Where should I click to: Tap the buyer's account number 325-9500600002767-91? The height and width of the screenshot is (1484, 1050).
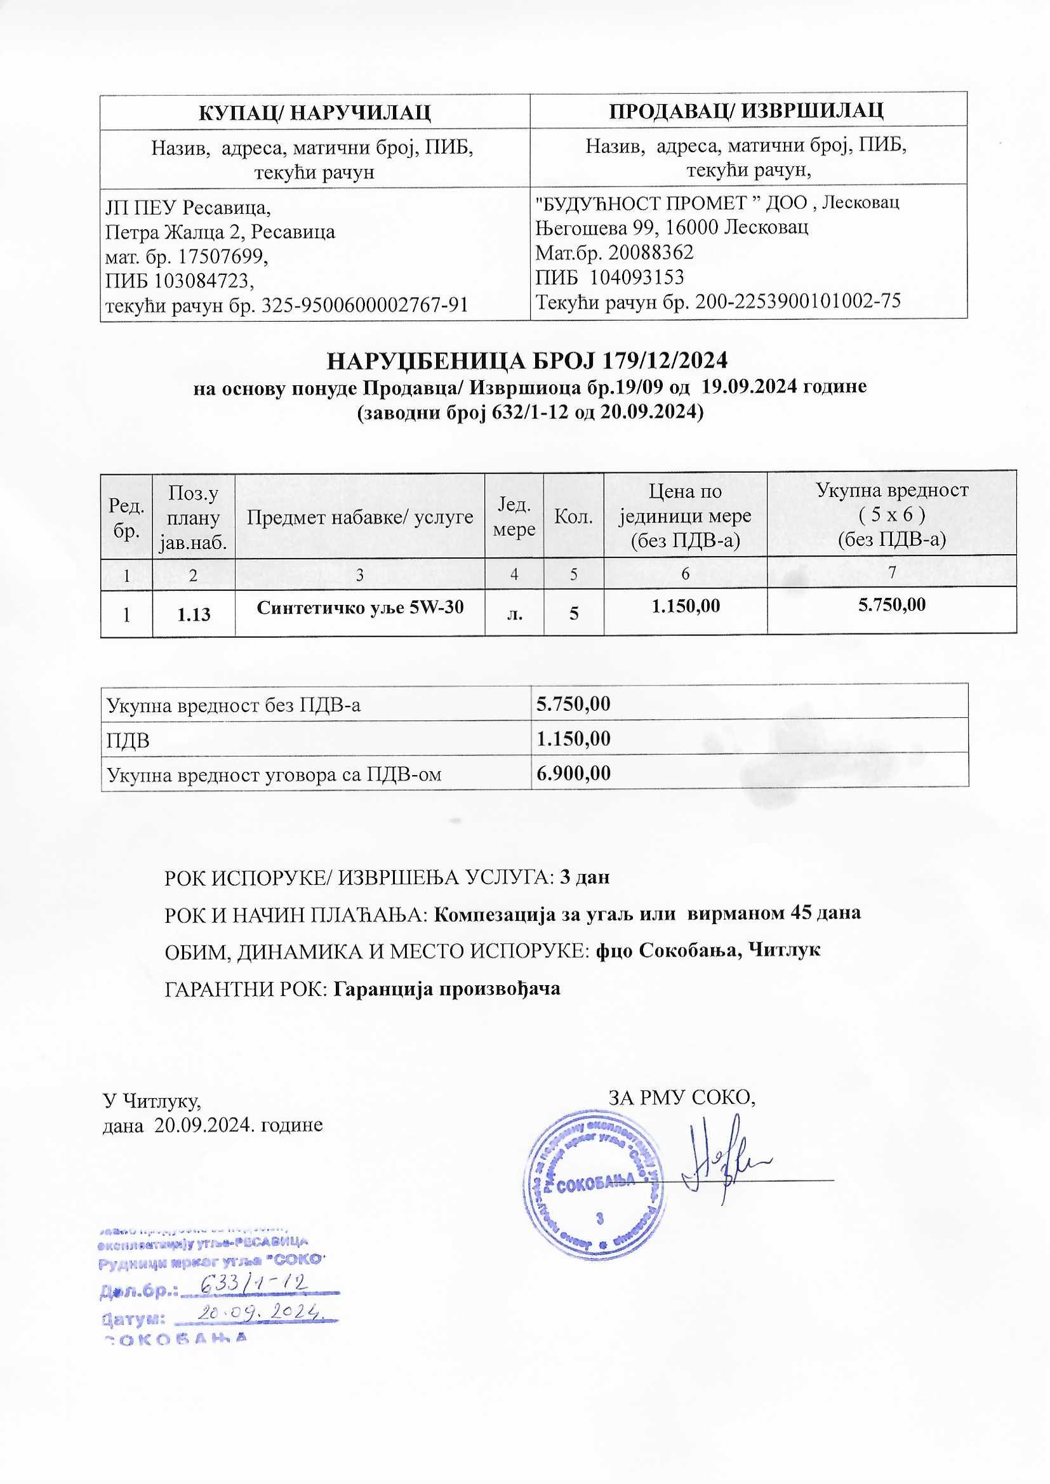[x=364, y=305]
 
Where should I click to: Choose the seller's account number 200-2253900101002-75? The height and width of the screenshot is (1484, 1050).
[x=797, y=301]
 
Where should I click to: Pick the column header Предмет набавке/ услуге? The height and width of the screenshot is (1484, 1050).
[x=359, y=517]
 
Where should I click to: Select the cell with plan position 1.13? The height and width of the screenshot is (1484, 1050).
[x=194, y=614]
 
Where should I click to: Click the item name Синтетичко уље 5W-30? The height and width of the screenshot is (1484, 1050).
[x=359, y=607]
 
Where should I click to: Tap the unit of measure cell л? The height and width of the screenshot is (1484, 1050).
[x=514, y=614]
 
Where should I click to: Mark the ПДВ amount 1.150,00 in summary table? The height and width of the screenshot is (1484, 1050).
[x=573, y=738]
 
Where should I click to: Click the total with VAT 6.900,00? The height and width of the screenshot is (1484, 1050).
[x=573, y=773]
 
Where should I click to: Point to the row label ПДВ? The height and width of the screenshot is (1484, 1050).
[x=128, y=739]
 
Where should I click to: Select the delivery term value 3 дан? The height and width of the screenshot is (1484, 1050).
[x=585, y=877]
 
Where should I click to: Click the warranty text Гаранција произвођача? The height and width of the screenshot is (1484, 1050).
[x=446, y=989]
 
